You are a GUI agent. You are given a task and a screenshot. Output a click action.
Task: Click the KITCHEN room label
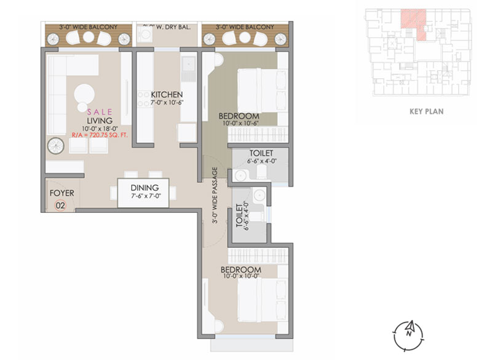pos(167,94)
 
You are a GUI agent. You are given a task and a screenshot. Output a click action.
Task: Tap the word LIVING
pos(100,121)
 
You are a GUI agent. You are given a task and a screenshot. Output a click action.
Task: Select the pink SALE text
pos(100,112)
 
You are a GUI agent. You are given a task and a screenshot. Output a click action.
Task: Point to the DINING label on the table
pos(145,188)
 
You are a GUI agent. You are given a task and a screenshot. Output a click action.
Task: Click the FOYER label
pos(61,193)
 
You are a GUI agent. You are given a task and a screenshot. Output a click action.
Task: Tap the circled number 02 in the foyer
pos(60,205)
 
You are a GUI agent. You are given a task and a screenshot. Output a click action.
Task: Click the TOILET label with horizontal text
pos(261,153)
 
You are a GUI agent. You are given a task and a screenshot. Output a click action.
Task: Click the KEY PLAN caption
pos(426,112)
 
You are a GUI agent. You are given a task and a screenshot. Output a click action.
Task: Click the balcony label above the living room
pos(89,28)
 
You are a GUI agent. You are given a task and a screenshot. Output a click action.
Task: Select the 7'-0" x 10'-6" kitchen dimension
pos(167,102)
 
